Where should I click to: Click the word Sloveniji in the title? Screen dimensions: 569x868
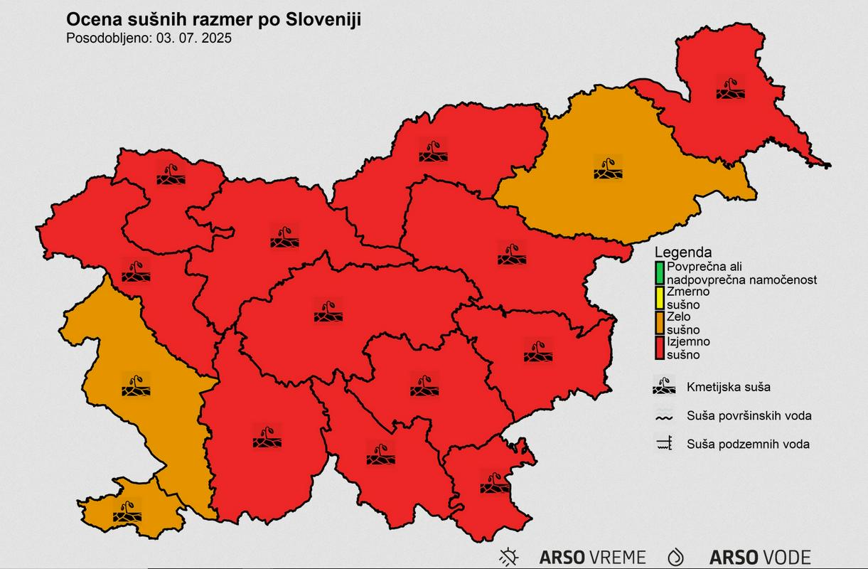pyautogui.click(x=323, y=19)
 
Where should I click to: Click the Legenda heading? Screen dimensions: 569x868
pyautogui.click(x=682, y=252)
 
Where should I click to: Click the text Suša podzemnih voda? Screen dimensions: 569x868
pyautogui.click(x=748, y=445)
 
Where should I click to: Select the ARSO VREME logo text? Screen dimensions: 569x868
pyautogui.click(x=592, y=557)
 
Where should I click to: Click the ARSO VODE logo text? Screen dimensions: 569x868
pyautogui.click(x=760, y=557)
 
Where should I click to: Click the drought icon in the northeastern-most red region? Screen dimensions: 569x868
pyautogui.click(x=730, y=88)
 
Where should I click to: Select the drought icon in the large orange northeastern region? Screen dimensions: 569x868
pyautogui.click(x=608, y=168)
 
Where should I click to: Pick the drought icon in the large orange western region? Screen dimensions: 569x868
pyautogui.click(x=135, y=385)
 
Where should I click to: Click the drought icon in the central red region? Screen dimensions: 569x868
pyautogui.click(x=328, y=311)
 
